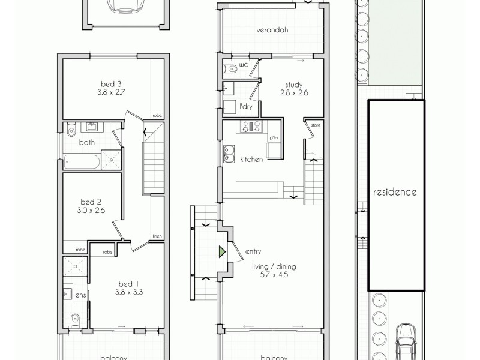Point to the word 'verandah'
[269, 31]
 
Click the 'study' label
[294, 84]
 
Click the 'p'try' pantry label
[274, 139]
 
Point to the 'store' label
[314, 125]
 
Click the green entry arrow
[221, 251]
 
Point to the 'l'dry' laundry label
[245, 106]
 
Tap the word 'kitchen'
[252, 160]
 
